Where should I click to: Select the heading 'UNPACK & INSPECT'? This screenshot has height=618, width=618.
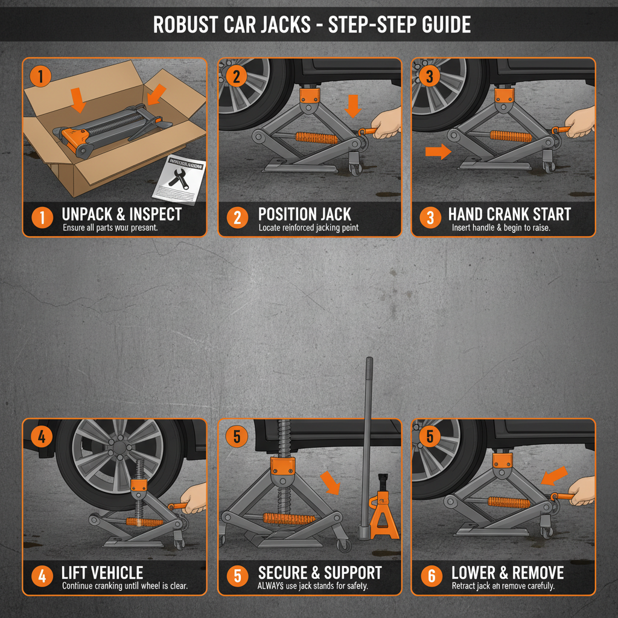point(121,214)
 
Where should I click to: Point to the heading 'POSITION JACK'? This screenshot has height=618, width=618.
point(304,214)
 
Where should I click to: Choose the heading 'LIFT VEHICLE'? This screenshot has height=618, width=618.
point(102,573)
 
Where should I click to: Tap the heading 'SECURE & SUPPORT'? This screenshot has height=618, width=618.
point(320,573)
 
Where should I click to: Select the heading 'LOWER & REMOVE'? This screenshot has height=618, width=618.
point(508,573)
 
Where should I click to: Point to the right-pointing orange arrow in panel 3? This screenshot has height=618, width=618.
point(438,151)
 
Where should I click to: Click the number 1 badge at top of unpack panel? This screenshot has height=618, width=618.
point(40,77)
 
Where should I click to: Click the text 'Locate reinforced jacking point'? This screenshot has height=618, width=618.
point(308,228)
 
